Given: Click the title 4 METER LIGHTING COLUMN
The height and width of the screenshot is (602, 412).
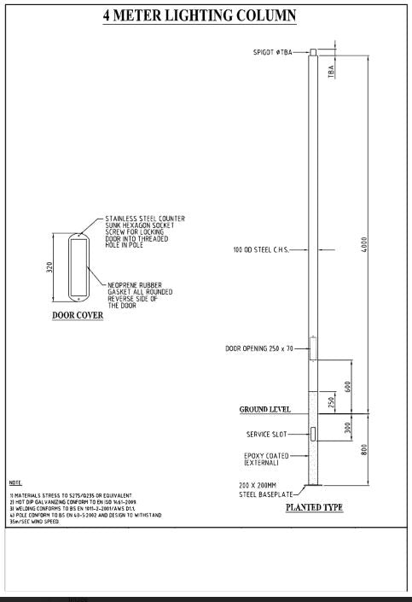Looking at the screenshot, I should point(206,16).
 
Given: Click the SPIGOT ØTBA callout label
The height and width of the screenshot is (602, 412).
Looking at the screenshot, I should point(272,52).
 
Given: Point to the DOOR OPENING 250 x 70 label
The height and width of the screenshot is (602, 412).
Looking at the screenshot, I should point(264,348).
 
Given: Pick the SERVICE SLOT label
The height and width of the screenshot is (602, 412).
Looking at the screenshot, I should point(271,434).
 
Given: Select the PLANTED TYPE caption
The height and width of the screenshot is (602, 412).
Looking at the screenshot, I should point(314,507).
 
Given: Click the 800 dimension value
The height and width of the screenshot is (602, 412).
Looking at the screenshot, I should point(365,451).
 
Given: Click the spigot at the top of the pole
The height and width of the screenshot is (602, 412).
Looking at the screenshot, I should point(313,52).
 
